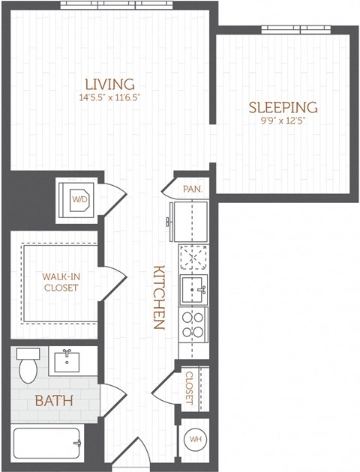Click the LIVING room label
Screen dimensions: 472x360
click(x=109, y=83)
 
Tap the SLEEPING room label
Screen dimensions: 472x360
click(x=283, y=107)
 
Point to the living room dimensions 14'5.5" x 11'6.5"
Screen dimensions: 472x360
click(x=109, y=97)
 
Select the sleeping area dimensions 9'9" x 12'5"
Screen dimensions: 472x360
click(x=283, y=120)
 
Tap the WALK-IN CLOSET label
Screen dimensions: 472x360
click(x=60, y=282)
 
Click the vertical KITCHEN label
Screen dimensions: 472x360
click(x=159, y=297)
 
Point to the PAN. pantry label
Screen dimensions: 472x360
click(x=192, y=190)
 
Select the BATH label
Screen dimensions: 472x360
click(x=54, y=401)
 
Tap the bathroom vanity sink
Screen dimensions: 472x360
click(x=68, y=360)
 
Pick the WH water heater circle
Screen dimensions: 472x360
click(x=193, y=439)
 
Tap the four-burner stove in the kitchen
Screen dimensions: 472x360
click(x=193, y=324)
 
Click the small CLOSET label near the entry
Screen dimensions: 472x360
click(x=190, y=387)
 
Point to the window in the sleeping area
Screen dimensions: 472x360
click(x=291, y=29)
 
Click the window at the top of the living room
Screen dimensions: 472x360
click(x=111, y=4)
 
